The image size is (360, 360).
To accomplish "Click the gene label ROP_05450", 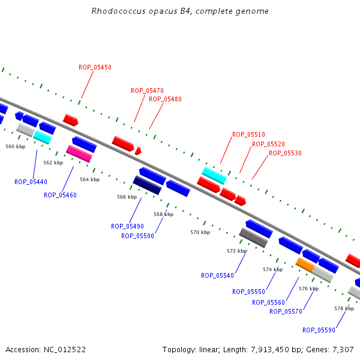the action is tap(95, 67).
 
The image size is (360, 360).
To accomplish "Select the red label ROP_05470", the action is tap(147, 91).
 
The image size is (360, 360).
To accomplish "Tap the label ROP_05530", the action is tap(285, 153).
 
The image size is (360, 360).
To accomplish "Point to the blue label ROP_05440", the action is tap(31, 182).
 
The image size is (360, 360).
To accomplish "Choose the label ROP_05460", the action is tap(60, 195).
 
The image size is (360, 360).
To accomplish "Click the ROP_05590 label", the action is tap(319, 330).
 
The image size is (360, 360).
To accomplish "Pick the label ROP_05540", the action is tap(217, 275).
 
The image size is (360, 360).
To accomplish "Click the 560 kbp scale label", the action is tap(16, 146).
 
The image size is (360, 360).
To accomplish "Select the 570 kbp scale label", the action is tap(200, 232).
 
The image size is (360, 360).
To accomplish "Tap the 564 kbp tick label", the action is tap(90, 179).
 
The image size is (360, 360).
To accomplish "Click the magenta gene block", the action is tap(79, 154).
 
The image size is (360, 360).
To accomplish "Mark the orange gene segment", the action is tap(305, 265).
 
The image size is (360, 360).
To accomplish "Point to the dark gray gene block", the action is tap(253, 238).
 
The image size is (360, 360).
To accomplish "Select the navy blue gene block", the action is tap(147, 185).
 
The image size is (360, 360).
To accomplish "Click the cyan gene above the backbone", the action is tap(214, 176).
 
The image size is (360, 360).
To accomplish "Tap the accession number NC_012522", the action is tap(65, 350).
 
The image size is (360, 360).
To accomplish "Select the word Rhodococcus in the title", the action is tap(118, 11).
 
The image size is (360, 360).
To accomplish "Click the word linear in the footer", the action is tap(209, 350).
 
